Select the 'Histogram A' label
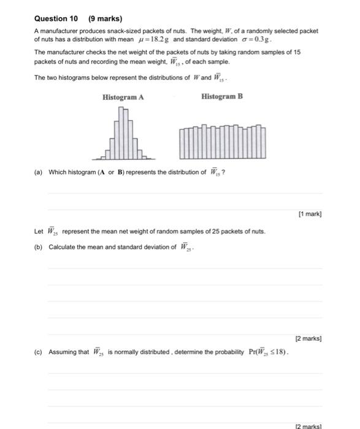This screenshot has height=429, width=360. pyautogui.click(x=123, y=96)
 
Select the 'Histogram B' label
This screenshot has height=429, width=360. pyautogui.click(x=221, y=96)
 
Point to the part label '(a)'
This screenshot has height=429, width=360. pyautogui.click(x=39, y=172)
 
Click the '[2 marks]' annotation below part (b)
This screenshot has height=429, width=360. pyautogui.click(x=307, y=338)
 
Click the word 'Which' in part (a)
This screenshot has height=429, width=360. pyautogui.click(x=57, y=172)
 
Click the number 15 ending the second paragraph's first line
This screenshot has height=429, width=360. pyautogui.click(x=296, y=53)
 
